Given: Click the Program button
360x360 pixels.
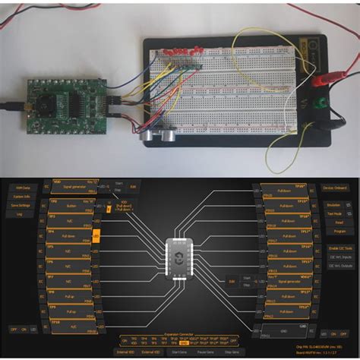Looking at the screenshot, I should [x=339, y=231].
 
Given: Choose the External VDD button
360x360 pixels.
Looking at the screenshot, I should [x=152, y=352].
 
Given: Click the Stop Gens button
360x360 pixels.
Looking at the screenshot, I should [x=236, y=352].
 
